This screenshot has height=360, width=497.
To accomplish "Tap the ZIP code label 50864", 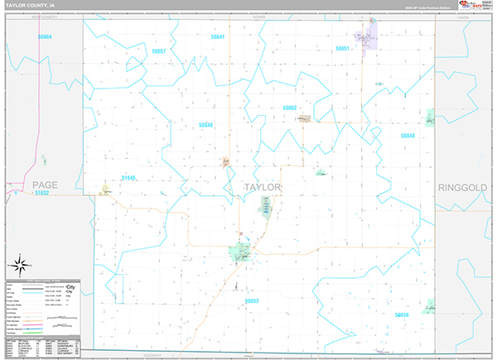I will point(44,37).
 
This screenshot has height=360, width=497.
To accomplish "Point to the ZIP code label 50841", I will point(218,37).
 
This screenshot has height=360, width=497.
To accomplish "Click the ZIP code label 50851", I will point(344,49).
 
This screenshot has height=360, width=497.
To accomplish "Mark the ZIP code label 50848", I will point(205,125).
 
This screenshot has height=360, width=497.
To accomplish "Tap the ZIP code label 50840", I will point(408,135).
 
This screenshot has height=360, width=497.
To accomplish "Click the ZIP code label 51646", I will point(128,177).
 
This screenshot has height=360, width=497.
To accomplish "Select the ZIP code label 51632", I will point(42,193).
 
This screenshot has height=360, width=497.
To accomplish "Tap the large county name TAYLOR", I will point(263,187).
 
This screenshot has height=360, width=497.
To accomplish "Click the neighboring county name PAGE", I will point(42,183).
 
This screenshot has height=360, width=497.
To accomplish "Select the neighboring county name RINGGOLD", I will point(465,188).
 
